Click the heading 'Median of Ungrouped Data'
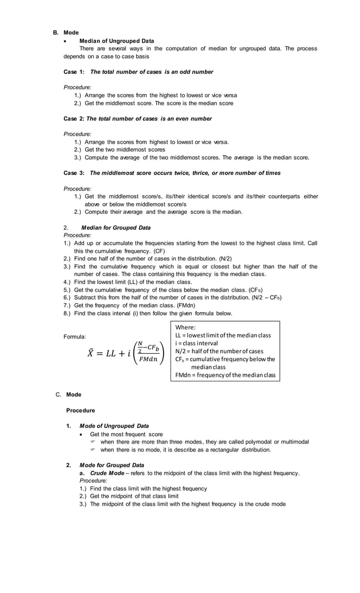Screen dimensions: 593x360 tap(116, 41)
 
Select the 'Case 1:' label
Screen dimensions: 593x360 tap(73, 72)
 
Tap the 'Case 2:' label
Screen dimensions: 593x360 tap(73, 118)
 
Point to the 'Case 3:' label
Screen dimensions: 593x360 tap(73, 173)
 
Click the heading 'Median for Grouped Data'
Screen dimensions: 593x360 tap(116, 228)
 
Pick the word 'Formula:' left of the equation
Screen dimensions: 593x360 tap(75, 337)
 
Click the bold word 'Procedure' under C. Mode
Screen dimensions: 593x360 tap(80, 410)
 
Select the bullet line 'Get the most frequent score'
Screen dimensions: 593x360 tap(126, 434)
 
